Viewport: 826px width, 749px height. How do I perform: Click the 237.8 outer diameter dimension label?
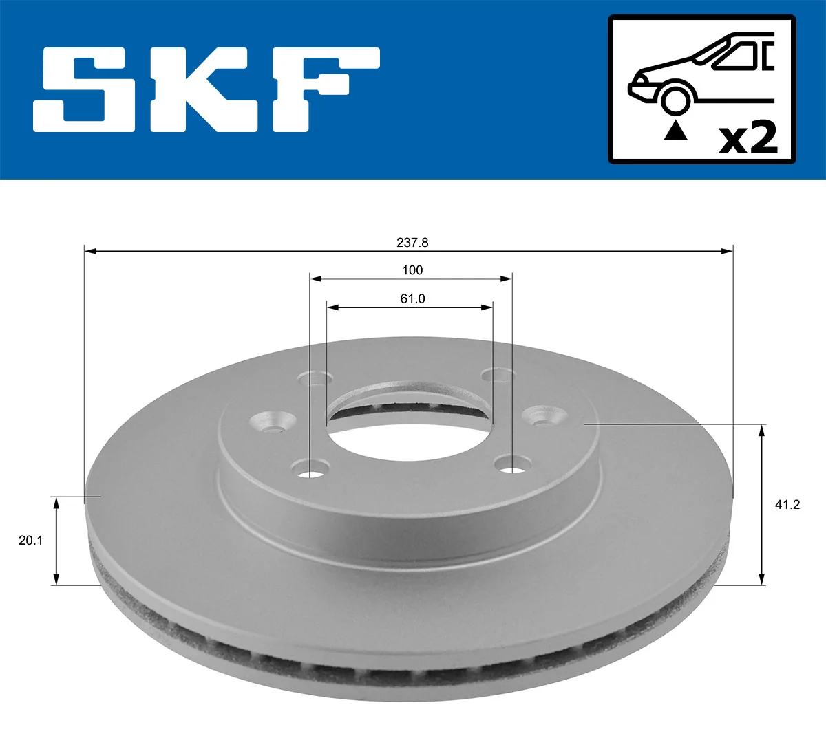[x=412, y=242]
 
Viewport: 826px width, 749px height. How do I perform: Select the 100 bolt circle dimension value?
[x=412, y=270]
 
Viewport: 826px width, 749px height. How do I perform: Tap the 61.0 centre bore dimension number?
[x=412, y=298]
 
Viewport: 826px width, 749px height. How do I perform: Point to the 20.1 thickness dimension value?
[x=30, y=541]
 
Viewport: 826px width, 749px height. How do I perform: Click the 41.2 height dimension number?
[x=787, y=505]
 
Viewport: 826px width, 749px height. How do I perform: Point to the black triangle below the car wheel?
[x=675, y=131]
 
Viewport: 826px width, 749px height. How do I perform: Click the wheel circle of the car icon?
[x=675, y=99]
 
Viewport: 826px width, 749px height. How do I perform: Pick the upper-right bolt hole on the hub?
[x=498, y=376]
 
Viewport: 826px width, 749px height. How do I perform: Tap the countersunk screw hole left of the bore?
[x=273, y=422]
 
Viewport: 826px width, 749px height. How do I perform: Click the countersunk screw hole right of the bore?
[x=544, y=416]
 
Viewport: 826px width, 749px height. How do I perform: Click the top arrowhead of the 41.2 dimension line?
[x=761, y=431]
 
